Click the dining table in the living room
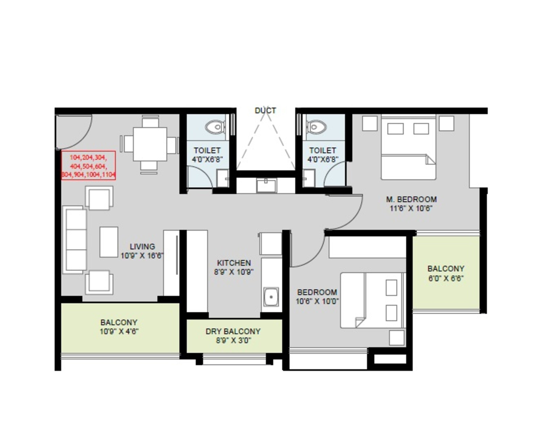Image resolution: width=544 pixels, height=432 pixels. click(150, 144)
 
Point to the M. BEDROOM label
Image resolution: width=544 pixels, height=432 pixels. click(411, 200)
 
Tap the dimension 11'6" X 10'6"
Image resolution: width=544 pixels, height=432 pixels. click(411, 209)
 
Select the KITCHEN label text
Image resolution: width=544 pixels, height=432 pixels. click(234, 263)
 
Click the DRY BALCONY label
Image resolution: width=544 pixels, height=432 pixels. click(233, 331)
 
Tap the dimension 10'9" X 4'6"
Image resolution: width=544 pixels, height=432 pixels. click(119, 331)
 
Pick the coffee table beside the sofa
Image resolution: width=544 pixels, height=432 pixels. click(109, 242)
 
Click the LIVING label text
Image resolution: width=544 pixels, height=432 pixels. click(142, 246)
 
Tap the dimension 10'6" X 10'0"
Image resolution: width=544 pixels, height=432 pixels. click(317, 301)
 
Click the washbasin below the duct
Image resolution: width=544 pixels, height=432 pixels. click(266, 185)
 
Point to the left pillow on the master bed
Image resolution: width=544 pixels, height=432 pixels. click(395, 129)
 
